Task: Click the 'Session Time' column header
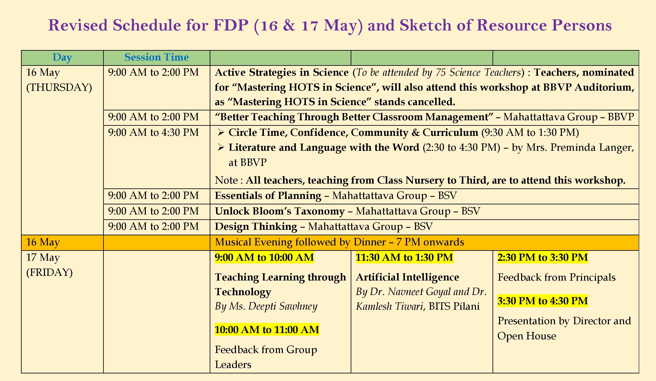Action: point(157,57)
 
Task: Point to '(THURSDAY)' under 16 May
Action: point(59,87)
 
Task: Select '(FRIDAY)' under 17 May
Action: point(49,273)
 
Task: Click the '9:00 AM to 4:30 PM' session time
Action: point(153,132)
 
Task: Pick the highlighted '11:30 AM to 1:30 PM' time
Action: point(404,257)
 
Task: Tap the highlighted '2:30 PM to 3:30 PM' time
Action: point(543,257)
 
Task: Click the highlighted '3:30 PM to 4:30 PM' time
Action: point(543,301)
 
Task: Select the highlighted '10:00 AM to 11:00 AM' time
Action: point(267,330)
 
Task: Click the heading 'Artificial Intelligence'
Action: point(407,277)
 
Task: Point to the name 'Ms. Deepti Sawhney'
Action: point(273,307)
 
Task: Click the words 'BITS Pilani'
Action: point(454,306)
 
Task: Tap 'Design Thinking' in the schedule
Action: point(256,227)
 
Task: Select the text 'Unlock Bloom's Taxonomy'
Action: point(280,211)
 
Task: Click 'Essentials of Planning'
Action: point(268,196)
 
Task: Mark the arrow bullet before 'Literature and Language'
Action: point(221,148)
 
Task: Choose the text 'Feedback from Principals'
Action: point(557,277)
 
